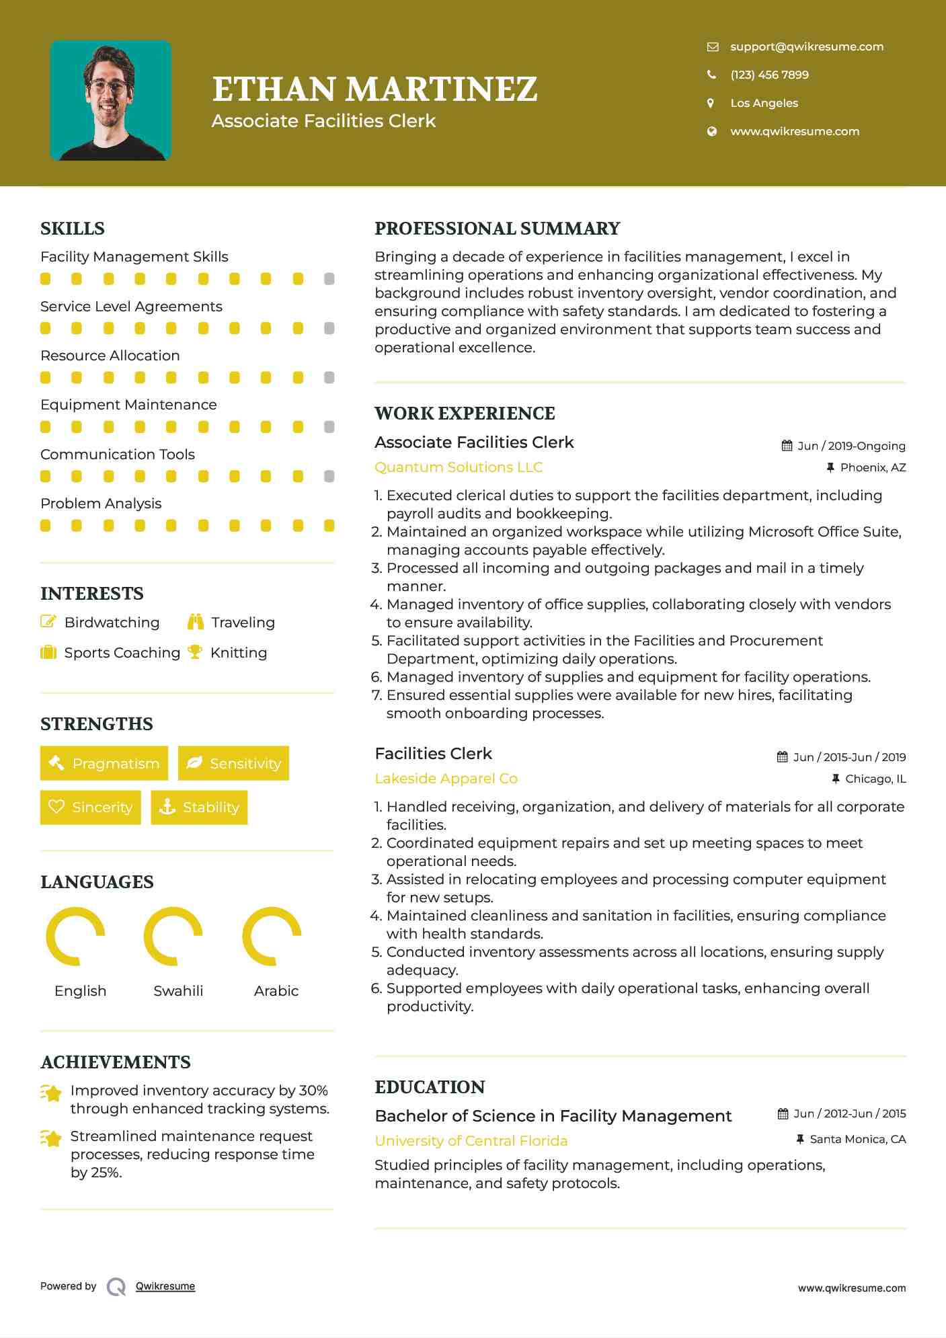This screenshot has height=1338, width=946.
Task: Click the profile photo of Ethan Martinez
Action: tap(111, 101)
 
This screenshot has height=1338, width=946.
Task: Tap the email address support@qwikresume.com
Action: tap(807, 46)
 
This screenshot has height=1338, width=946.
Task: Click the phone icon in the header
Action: tap(711, 75)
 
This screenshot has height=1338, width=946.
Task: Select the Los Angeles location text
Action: tap(764, 103)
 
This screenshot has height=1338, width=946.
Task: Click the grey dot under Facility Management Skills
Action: tap(329, 278)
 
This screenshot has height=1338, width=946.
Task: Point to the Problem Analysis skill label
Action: tap(101, 504)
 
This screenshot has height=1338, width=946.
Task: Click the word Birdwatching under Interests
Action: tap(112, 623)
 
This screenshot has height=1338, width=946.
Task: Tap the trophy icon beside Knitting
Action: tap(195, 652)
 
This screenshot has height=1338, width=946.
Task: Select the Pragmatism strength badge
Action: tap(104, 763)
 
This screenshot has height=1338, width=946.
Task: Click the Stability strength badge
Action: tap(200, 807)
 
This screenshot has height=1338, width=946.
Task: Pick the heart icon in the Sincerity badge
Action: tap(56, 807)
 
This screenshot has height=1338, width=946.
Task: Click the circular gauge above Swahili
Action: tap(173, 936)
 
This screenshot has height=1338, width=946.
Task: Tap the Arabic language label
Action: tap(276, 991)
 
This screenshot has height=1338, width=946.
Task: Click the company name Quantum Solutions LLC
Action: tap(459, 467)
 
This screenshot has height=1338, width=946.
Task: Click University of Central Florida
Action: tap(471, 1141)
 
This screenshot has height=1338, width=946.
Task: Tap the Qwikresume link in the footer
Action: tap(165, 1286)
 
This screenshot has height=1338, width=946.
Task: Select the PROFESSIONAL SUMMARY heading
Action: tap(497, 229)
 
